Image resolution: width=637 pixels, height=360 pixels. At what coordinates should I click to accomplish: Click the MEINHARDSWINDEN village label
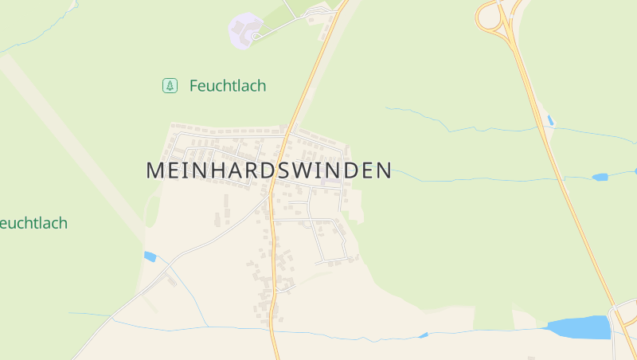[268, 170]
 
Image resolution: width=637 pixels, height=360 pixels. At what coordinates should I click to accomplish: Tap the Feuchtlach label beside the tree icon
[228, 86]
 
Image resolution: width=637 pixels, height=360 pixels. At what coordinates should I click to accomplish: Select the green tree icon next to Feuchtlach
[170, 85]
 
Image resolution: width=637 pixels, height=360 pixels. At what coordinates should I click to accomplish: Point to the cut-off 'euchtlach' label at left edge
[33, 223]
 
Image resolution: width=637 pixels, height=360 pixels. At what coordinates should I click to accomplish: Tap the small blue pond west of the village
[150, 256]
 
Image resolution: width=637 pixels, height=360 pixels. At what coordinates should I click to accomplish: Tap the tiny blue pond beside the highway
[550, 121]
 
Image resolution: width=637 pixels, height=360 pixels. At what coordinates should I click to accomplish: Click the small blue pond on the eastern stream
[600, 177]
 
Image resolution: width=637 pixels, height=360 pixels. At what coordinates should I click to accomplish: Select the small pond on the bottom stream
[423, 335]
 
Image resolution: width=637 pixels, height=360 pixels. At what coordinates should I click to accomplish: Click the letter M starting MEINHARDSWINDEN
[154, 170]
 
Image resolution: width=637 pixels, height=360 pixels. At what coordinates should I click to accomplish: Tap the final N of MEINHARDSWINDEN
[384, 170]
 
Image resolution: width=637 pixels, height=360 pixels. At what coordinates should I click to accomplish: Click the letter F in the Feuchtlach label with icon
[193, 86]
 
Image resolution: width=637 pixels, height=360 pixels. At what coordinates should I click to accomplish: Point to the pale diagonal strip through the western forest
[72, 143]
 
